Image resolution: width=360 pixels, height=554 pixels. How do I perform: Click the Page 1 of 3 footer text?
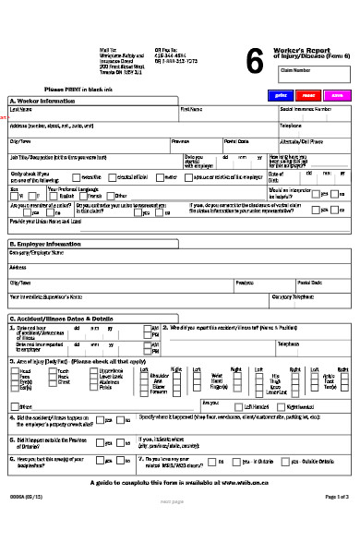337,523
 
